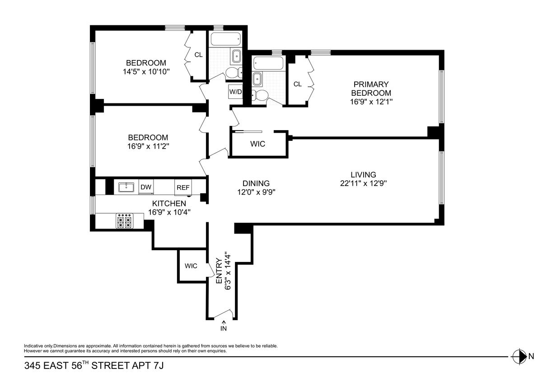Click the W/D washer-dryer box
[235, 91]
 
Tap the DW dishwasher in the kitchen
[146, 187]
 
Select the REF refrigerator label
[183, 187]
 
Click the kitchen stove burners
[124, 221]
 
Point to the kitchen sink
[126, 187]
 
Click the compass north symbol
[519, 356]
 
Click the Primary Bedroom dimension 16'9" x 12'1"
[371, 102]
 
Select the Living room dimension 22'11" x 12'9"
[364, 183]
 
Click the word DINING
[256, 183]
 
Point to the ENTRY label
[219, 271]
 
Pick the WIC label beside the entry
[191, 266]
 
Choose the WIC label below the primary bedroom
[258, 144]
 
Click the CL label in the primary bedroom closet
[297, 84]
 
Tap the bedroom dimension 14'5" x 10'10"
[146, 72]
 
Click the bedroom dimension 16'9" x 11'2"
[148, 146]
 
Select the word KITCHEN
[169, 203]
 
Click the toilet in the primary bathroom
[260, 96]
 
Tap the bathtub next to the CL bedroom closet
[225, 39]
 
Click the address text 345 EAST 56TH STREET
[77, 365]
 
